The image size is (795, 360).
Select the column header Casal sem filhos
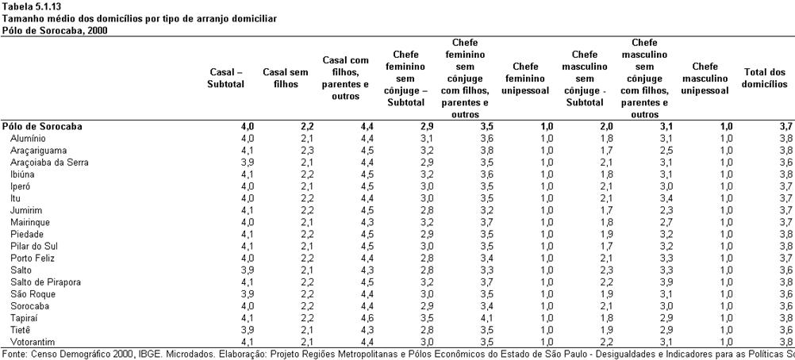[286, 79]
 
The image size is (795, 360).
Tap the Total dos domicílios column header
[765, 79]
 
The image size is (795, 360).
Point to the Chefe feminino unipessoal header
[525, 79]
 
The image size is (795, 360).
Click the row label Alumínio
[28, 139]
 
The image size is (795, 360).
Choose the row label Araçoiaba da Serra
[49, 163]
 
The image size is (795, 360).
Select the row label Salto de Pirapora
[46, 282]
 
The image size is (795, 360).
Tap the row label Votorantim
[33, 342]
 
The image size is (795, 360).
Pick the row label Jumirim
[26, 210]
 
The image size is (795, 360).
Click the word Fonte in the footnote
[12, 354]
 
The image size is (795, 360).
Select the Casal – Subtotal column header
[225, 79]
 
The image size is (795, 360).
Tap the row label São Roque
[33, 294]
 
